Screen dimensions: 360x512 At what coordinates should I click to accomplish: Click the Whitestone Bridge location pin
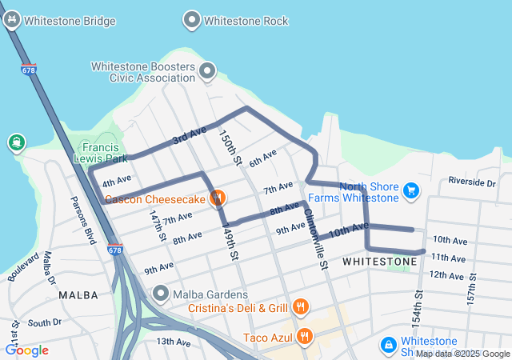click(11, 20)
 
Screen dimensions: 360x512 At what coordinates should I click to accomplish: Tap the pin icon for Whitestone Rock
click(192, 20)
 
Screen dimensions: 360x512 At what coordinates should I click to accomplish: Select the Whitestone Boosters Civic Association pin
click(208, 72)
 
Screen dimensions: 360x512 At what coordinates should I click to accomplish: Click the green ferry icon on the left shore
click(16, 143)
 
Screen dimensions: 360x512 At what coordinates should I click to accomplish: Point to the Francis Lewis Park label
click(100, 153)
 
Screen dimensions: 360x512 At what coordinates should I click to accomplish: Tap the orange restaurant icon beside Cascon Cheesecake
click(216, 198)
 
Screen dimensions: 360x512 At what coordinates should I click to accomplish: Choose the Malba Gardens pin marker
click(161, 294)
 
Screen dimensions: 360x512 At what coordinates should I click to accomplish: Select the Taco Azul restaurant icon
click(303, 335)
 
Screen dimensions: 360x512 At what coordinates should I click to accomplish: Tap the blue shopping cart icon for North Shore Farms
click(411, 190)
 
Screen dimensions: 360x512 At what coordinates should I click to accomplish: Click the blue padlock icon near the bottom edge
click(388, 344)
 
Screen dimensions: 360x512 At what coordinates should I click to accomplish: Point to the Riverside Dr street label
click(472, 182)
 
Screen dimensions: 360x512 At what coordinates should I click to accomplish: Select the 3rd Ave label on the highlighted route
click(190, 135)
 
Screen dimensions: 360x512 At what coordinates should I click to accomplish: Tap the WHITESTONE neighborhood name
click(379, 262)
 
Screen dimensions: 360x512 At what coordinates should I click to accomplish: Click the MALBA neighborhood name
click(78, 295)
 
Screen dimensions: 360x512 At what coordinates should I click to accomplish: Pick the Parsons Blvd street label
click(83, 218)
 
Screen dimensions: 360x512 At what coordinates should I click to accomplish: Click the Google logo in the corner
click(27, 350)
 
